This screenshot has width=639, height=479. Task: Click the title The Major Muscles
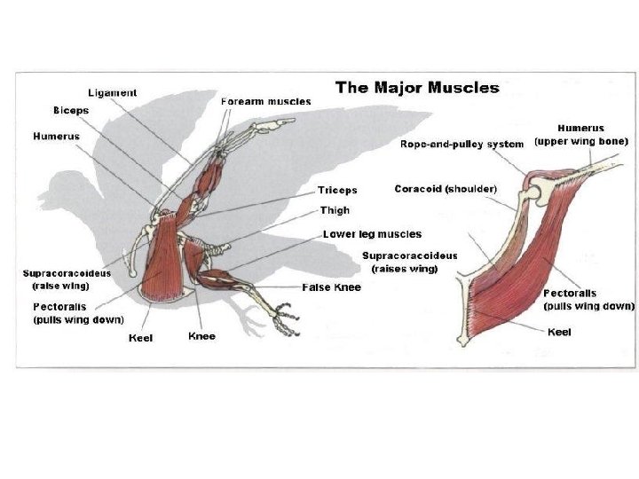pyautogui.click(x=416, y=87)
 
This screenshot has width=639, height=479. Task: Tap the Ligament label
pyautogui.click(x=112, y=92)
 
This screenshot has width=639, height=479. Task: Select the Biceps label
pyautogui.click(x=70, y=110)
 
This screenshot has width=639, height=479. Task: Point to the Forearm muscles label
pyautogui.click(x=265, y=101)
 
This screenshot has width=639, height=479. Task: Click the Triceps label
pyautogui.click(x=337, y=190)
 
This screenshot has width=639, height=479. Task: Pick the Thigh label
pyautogui.click(x=335, y=211)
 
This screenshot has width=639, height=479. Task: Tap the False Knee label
pyautogui.click(x=331, y=287)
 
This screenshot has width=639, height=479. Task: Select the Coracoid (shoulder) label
pyautogui.click(x=446, y=189)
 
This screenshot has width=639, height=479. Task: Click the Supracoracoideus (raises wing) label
pyautogui.click(x=410, y=262)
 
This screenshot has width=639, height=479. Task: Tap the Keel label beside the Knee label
pyautogui.click(x=141, y=337)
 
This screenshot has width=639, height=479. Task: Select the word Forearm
pyautogui.click(x=242, y=101)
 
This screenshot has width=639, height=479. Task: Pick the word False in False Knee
pyautogui.click(x=317, y=287)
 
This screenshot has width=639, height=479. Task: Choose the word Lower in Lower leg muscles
pyautogui.click(x=338, y=234)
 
